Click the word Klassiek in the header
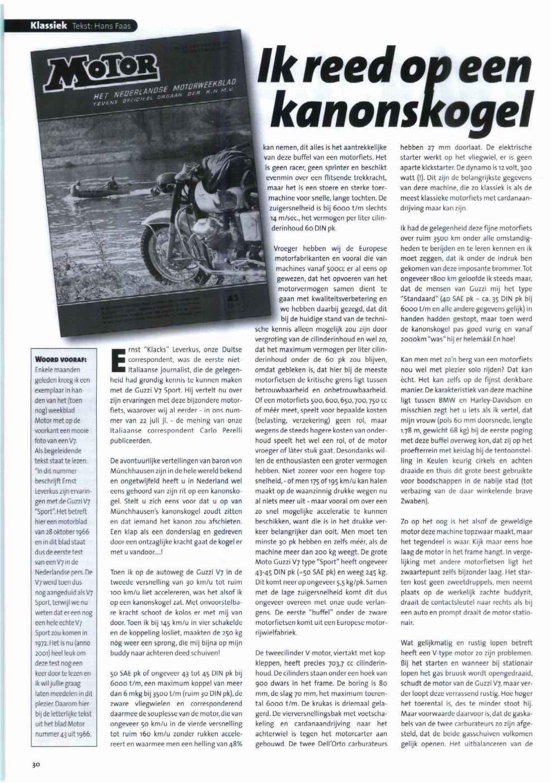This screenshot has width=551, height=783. [x=50, y=25]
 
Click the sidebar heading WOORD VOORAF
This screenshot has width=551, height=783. [x=61, y=360]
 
